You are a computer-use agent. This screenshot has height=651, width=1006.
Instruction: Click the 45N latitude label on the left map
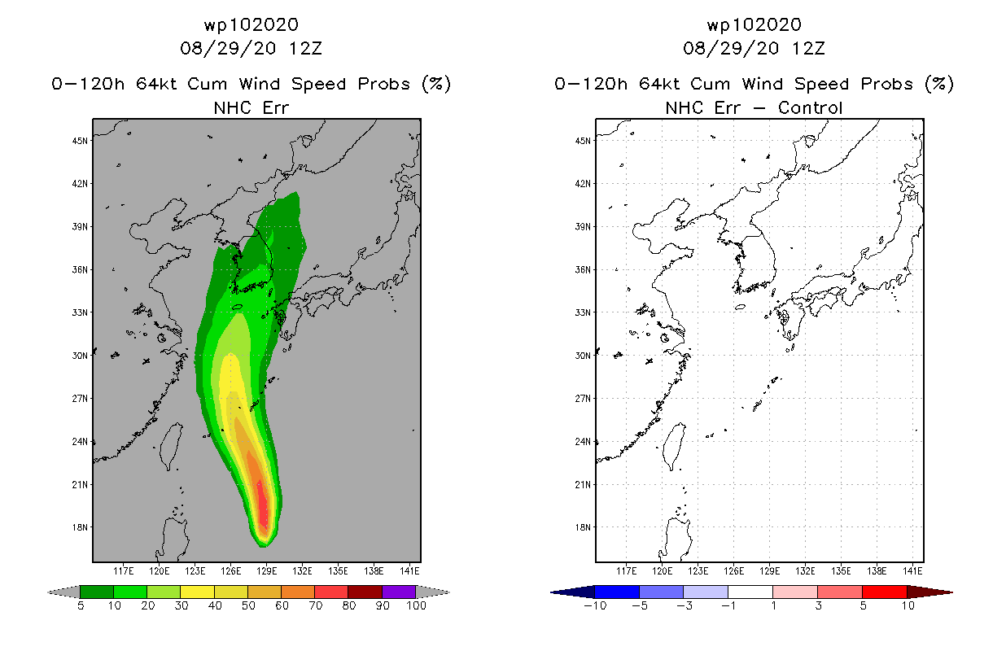(80, 141)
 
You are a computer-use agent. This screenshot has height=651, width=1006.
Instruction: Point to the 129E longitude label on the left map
(266, 571)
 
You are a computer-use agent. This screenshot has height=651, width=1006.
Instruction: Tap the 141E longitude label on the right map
(912, 571)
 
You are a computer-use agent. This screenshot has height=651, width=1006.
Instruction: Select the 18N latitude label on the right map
(583, 527)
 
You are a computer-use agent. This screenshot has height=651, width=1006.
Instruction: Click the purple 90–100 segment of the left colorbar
(399, 592)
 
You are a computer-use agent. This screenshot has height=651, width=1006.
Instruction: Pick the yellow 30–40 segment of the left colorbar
(198, 592)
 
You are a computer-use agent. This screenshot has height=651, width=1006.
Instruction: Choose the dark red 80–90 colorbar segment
(365, 592)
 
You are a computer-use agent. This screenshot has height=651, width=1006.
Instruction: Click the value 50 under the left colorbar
(248, 605)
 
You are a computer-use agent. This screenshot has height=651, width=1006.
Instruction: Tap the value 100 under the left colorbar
(416, 605)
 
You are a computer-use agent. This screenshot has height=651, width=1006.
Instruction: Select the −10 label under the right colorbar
(595, 605)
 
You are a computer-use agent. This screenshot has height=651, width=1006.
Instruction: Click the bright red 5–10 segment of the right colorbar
(885, 592)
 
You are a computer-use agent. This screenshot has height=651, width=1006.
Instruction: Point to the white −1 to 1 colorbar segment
(750, 592)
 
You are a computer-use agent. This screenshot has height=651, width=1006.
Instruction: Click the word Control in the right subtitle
(810, 108)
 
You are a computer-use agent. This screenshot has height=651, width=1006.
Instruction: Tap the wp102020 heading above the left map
(251, 24)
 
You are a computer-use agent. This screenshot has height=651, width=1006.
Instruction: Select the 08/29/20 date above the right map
(731, 49)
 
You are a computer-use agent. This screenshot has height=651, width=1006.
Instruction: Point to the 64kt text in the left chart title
(157, 85)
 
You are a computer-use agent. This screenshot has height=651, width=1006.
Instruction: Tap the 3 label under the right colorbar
(818, 605)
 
